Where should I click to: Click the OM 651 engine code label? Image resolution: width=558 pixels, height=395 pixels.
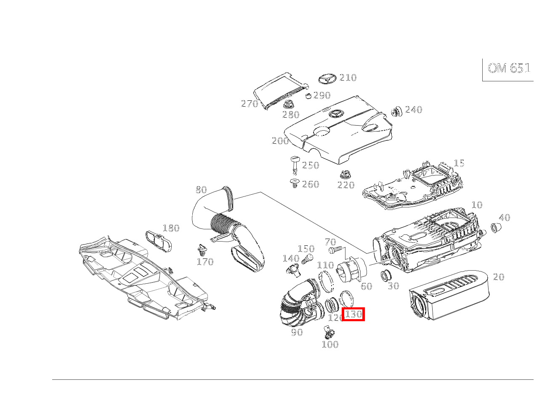509,68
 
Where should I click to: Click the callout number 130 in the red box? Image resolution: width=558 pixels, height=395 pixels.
353,314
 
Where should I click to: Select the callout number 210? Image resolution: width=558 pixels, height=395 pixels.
348,78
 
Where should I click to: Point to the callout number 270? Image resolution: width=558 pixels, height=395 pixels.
249,104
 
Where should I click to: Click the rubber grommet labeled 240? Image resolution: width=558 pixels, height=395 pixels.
396,111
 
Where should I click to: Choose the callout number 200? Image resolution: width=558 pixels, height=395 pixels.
280,141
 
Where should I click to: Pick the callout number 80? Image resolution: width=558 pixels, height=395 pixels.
201,189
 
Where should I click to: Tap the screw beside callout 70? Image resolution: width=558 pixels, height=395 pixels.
335,250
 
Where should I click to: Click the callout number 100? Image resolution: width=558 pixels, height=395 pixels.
330,344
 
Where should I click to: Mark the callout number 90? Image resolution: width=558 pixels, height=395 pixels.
297,332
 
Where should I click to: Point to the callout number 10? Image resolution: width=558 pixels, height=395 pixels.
476,205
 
